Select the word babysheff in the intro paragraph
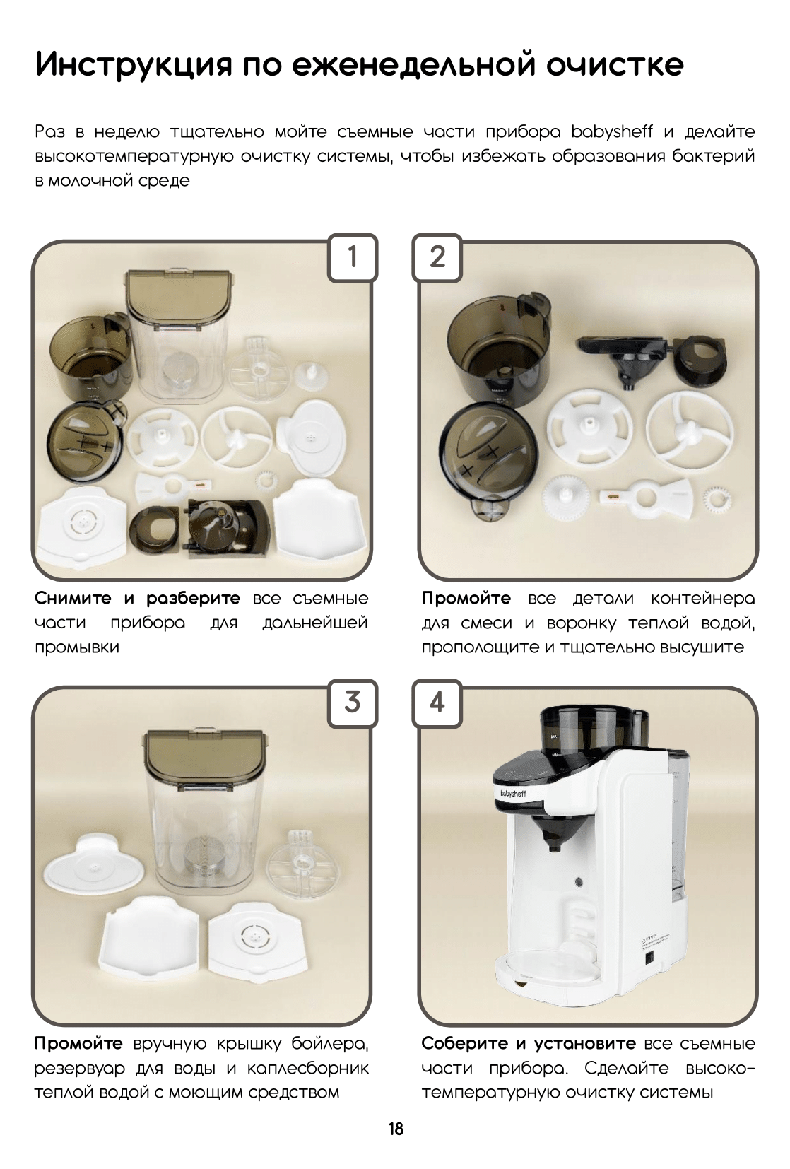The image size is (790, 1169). tap(611, 131)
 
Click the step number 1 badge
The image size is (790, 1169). tap(352, 257)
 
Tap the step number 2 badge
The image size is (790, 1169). tap(437, 257)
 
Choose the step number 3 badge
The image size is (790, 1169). tap(352, 703)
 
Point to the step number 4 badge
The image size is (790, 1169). tap(437, 703)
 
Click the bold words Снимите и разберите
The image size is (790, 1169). tap(137, 599)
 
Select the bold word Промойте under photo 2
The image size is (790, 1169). tap(466, 598)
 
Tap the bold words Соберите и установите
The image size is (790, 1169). tap(529, 1043)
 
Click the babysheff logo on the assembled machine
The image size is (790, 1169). tap(513, 793)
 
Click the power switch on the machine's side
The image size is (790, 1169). tap(649, 958)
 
